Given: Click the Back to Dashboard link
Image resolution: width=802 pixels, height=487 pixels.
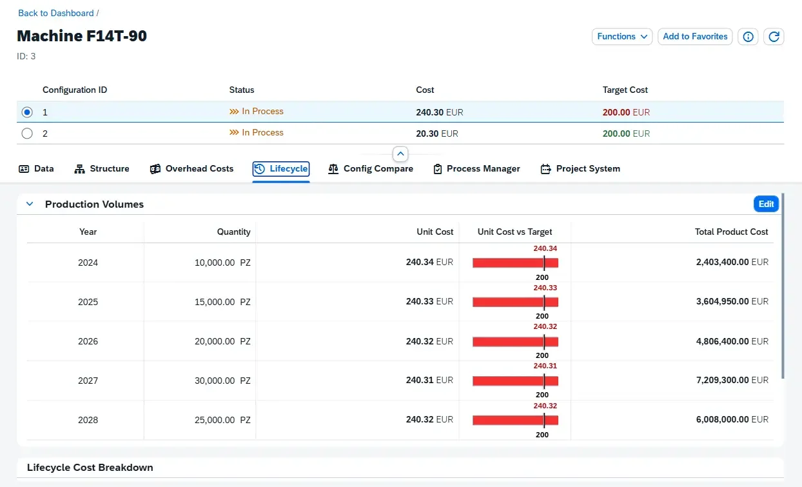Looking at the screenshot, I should coord(56,13).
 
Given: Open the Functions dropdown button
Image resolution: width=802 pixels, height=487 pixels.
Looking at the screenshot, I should coord(622,37).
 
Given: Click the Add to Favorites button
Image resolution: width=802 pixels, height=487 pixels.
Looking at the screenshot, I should coord(695,37).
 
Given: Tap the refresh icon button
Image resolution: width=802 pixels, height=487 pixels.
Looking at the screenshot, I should coord(774,37).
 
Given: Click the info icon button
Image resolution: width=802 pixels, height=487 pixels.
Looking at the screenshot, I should coord(748,37).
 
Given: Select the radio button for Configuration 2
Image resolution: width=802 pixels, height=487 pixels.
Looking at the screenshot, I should coord(27,134).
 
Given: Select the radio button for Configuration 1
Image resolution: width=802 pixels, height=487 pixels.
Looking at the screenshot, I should coord(27,112).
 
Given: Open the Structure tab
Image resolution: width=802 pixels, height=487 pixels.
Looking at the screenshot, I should coord(102,169).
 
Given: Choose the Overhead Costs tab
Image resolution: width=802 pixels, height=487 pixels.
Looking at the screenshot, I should coord(191,169).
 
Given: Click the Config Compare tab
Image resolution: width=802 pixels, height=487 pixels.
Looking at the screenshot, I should coord(371,169).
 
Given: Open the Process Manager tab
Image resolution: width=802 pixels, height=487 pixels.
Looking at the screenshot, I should coord(476,169).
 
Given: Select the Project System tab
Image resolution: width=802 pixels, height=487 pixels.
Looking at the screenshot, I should coord(580,169).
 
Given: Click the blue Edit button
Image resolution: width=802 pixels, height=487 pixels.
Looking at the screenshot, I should coord(766,204).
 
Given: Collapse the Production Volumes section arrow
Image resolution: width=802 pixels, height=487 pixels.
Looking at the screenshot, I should coord(30,204).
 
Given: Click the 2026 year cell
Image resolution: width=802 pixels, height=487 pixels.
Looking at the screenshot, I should coord(88,341).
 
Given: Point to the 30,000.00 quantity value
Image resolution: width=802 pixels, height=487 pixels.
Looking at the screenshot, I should coord(215,381).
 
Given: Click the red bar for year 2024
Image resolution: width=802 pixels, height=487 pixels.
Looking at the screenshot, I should coord(515,263).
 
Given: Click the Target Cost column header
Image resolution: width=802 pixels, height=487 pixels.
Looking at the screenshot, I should coord(625,90).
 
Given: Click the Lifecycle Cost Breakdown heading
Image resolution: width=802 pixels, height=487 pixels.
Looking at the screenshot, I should coord(90,467).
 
